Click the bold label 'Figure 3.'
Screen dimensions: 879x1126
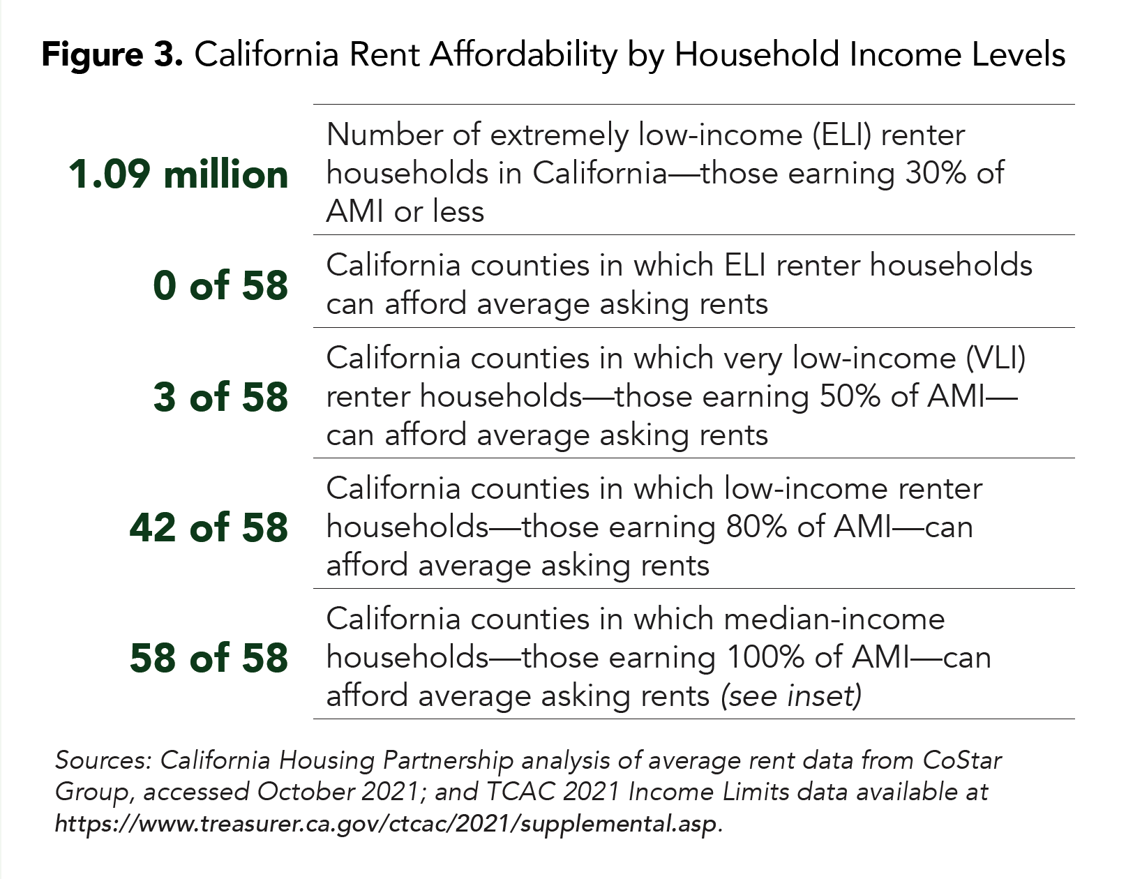(112, 54)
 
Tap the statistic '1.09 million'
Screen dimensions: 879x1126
(178, 174)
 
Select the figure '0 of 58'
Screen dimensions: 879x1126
(220, 285)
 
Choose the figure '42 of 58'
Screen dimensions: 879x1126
(209, 527)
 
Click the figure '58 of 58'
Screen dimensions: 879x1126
(209, 657)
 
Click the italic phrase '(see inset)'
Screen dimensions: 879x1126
(791, 696)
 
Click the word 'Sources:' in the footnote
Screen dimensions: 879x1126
(103, 760)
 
